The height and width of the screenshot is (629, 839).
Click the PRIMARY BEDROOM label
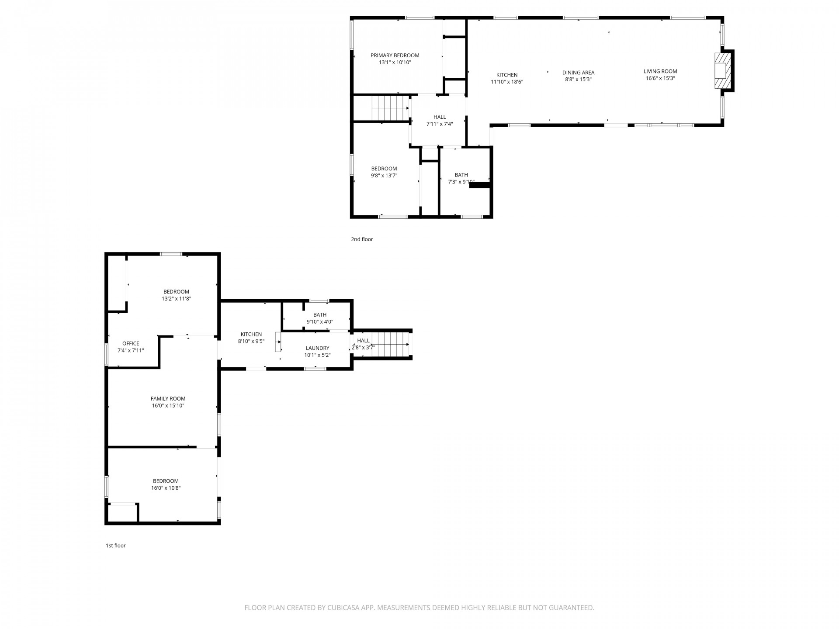[x=395, y=55]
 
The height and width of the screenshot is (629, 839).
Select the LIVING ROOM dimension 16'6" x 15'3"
[x=660, y=79]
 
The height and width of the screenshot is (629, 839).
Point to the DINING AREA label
[x=578, y=73]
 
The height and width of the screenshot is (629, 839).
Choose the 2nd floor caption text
[x=362, y=239]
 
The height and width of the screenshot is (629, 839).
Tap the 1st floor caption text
[x=115, y=546]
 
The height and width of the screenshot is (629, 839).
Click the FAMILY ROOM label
[x=168, y=398]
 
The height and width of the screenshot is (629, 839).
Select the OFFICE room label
[x=131, y=343]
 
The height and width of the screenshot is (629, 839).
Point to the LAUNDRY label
[x=317, y=348]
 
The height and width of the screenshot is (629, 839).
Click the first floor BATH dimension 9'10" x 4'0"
[x=320, y=322]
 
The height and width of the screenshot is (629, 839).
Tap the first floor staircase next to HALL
[x=389, y=344]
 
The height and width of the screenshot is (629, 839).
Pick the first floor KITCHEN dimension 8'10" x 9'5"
[x=251, y=342]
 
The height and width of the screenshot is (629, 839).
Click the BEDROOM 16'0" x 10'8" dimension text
[x=166, y=488]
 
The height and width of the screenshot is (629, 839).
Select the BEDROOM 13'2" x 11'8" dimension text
[x=176, y=299]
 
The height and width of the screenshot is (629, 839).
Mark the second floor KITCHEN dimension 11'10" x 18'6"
[x=507, y=82]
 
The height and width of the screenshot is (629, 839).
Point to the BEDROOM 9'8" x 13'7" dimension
[x=384, y=176]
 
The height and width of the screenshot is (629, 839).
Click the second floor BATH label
[x=461, y=175]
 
